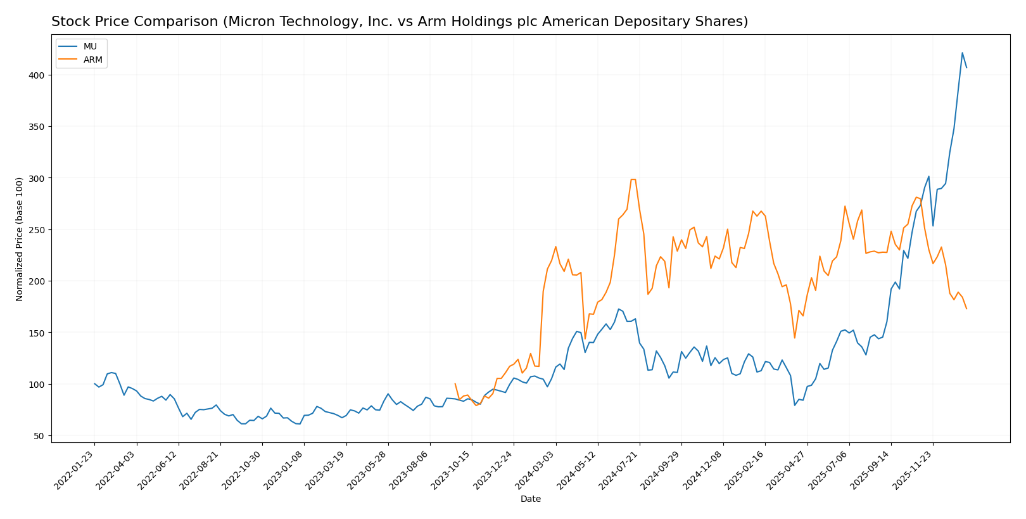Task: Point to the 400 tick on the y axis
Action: click(38, 75)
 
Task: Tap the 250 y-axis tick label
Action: click(38, 230)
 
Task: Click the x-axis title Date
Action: click(530, 499)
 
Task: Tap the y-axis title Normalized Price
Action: click(20, 239)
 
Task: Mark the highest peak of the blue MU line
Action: click(962, 53)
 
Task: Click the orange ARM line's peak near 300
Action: click(633, 179)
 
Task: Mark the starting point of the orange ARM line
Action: click(455, 383)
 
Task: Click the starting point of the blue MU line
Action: click(94, 383)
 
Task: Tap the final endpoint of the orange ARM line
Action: click(966, 309)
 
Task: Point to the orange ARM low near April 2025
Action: click(794, 338)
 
